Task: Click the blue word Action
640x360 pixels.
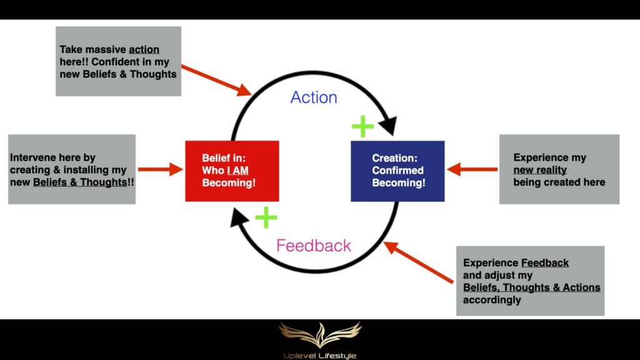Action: click(x=314, y=97)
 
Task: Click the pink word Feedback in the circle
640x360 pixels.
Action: click(x=314, y=246)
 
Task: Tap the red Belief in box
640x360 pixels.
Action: click(x=232, y=171)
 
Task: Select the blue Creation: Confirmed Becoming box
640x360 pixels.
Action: click(x=397, y=171)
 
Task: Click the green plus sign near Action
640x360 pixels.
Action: click(x=362, y=126)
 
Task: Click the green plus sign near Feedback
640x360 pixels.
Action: click(x=266, y=217)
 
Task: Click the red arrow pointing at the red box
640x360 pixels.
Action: click(x=161, y=169)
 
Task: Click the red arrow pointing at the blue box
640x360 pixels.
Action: click(x=472, y=169)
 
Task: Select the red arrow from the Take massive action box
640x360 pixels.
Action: click(x=217, y=81)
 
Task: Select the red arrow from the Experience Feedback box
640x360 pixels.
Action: click(x=418, y=262)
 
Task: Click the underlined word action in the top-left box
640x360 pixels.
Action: click(x=144, y=49)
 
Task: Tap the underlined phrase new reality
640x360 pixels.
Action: click(x=540, y=170)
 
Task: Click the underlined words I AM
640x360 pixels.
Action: click(x=238, y=170)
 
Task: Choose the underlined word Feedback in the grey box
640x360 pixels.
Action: click(x=545, y=263)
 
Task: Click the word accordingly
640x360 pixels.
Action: click(x=492, y=300)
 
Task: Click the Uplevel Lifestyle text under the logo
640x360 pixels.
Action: click(x=320, y=356)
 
